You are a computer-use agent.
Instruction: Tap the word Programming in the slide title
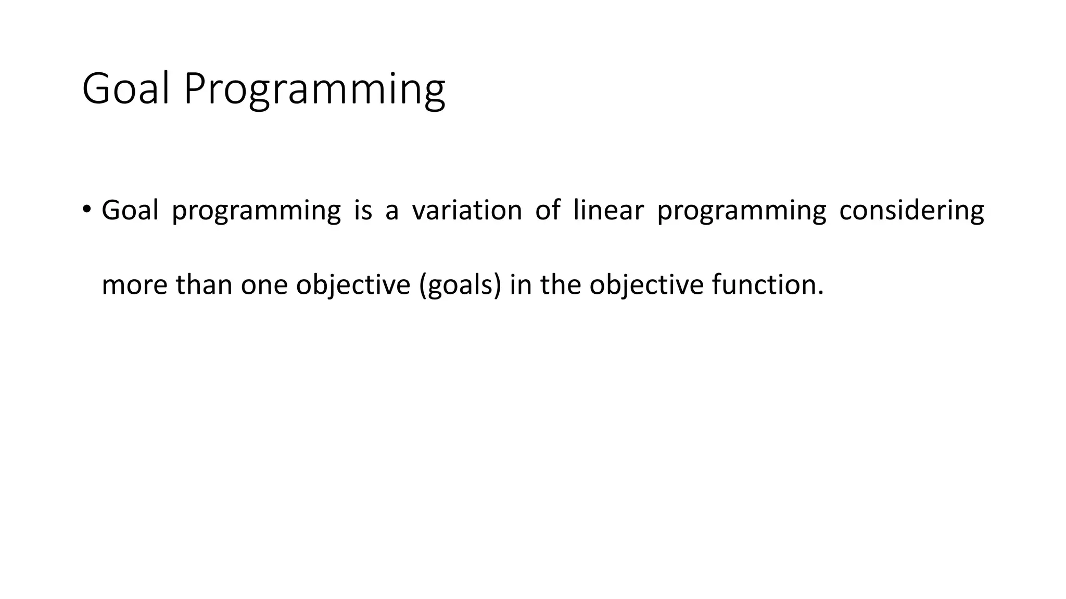pyautogui.click(x=314, y=89)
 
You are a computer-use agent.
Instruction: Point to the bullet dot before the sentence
pyautogui.click(x=86, y=209)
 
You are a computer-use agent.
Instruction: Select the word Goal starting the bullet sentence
pyautogui.click(x=130, y=211)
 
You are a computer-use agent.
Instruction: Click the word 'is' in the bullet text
pyautogui.click(x=363, y=211)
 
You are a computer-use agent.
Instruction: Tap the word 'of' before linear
pyautogui.click(x=548, y=211)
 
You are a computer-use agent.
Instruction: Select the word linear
pyautogui.click(x=608, y=211)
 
